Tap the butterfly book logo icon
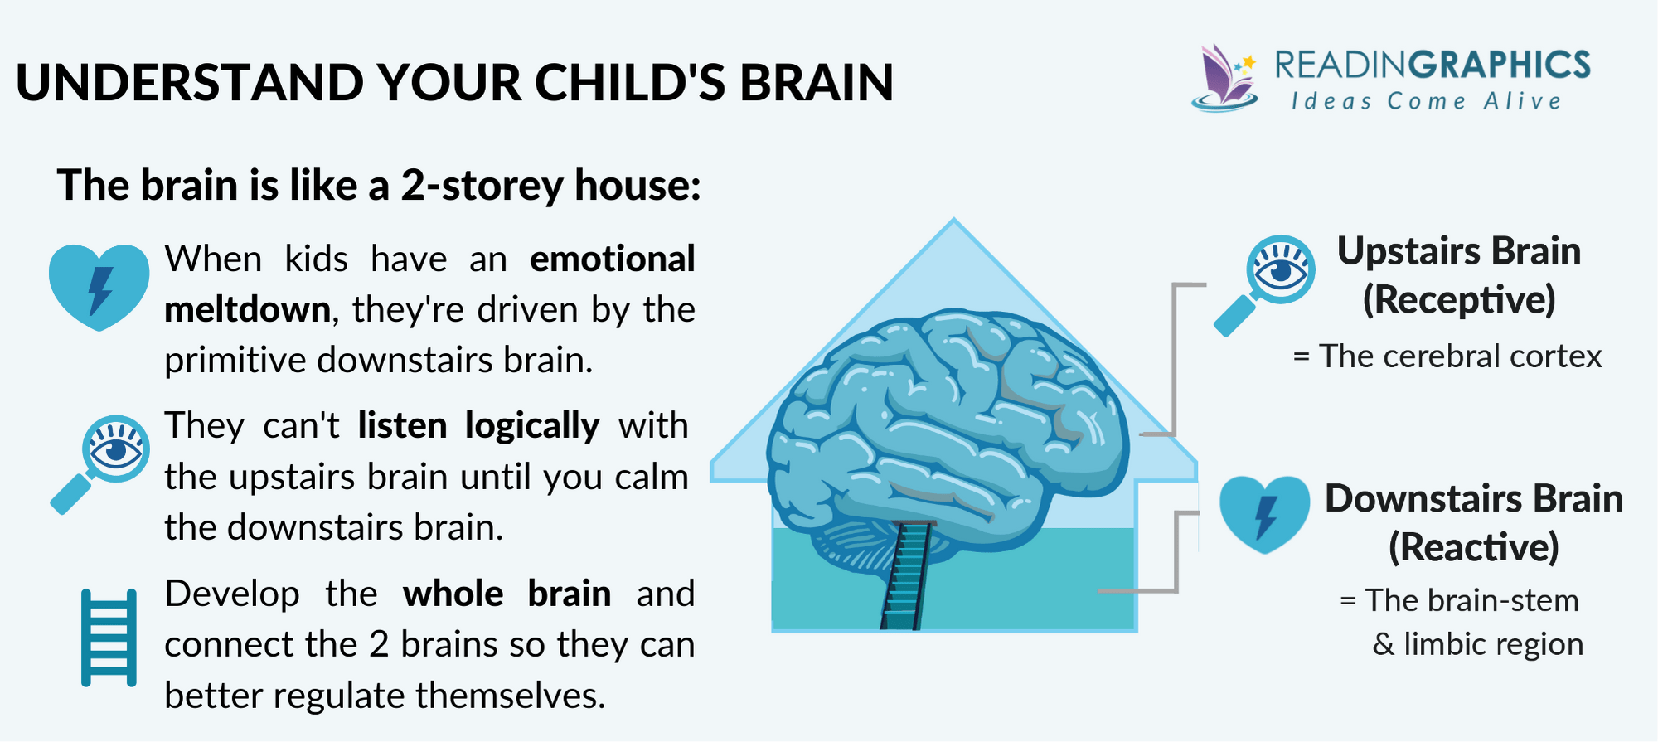point(1224,79)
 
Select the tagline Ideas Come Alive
point(1426,102)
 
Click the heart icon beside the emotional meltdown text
point(99,286)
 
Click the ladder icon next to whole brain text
point(109,638)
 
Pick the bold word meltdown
point(247,310)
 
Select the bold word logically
point(531,426)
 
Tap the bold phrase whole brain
point(507,594)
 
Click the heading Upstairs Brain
point(1459,251)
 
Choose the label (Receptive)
point(1459,300)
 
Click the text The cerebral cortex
point(1460,356)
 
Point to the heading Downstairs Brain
point(1473,499)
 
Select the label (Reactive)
point(1473,548)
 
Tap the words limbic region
point(1493,644)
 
